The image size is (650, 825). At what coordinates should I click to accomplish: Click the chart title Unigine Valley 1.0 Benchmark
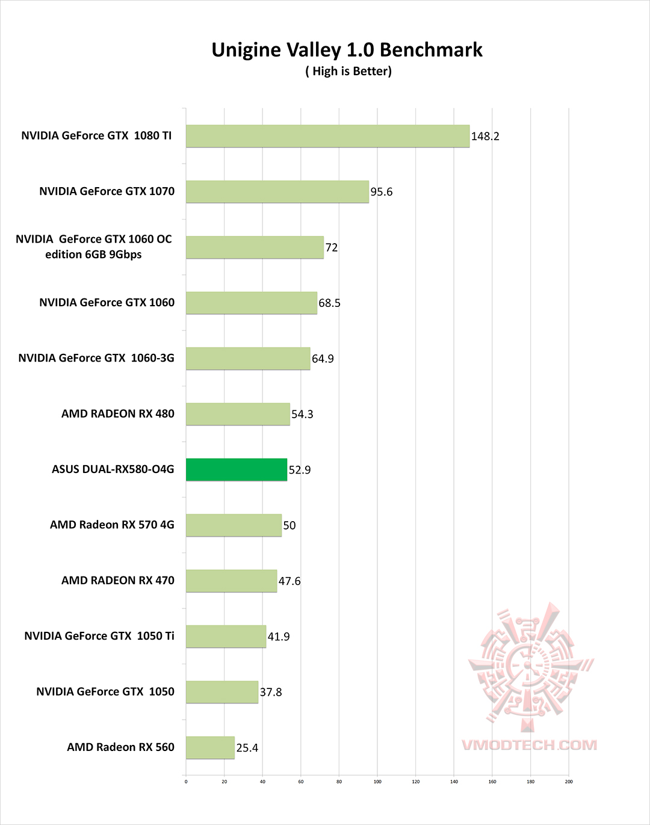tap(347, 50)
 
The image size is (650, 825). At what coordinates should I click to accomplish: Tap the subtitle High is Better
tap(348, 71)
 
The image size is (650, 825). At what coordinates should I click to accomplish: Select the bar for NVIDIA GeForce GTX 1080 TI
tap(327, 136)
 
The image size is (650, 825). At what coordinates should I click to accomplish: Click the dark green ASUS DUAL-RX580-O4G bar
tap(237, 469)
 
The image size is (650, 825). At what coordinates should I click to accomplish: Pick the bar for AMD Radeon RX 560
tap(210, 747)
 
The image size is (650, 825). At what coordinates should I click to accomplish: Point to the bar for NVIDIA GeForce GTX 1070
tap(277, 191)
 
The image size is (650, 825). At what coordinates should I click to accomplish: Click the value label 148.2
tap(485, 137)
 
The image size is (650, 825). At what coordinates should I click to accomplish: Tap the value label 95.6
tap(382, 192)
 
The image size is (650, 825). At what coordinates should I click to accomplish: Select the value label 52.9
tap(300, 470)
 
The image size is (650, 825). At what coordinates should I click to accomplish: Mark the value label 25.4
tap(247, 748)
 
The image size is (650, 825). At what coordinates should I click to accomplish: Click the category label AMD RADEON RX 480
tap(118, 414)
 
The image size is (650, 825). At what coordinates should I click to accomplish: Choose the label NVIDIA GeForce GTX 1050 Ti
tap(99, 636)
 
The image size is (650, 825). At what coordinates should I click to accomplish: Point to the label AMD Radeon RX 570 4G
tap(112, 525)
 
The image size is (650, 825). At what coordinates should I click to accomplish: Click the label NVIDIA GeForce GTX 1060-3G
tap(96, 358)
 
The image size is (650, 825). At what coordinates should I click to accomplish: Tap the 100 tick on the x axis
tap(377, 782)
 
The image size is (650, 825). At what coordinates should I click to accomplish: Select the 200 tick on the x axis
tap(569, 782)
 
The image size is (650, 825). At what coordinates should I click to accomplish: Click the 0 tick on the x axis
tap(186, 782)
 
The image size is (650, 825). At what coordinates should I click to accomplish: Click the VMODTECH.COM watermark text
tap(530, 745)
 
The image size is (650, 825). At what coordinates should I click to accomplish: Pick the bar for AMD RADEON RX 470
tap(232, 581)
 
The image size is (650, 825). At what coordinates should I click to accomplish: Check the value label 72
tap(332, 247)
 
